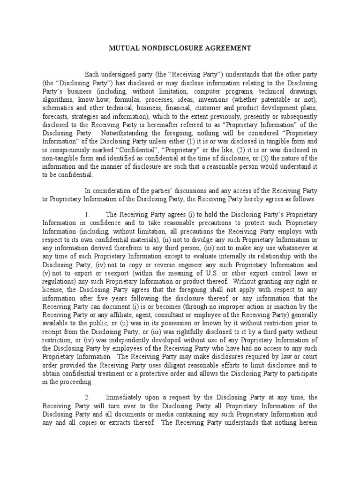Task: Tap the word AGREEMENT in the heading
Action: click(228, 48)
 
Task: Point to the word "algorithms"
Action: click(57, 100)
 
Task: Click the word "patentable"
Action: click(277, 100)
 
